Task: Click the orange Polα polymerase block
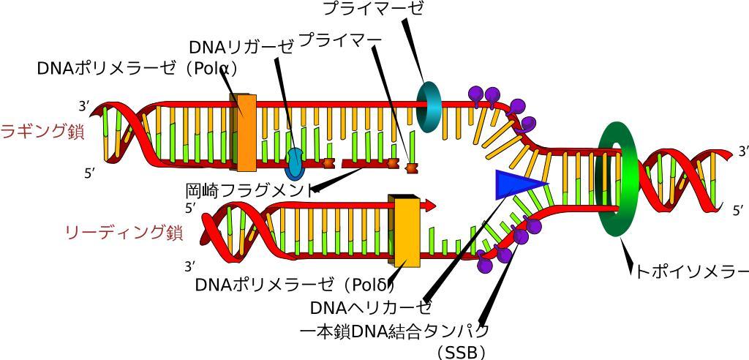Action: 244,132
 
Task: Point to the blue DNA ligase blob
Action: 296,161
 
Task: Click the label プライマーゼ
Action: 373,9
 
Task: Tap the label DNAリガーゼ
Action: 240,47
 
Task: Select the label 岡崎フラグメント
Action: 249,190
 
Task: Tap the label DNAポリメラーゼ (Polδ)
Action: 296,285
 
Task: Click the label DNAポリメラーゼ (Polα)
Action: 138,68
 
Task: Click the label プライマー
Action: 339,40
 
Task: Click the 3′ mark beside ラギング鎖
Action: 85,106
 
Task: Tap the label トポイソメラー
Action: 691,271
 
